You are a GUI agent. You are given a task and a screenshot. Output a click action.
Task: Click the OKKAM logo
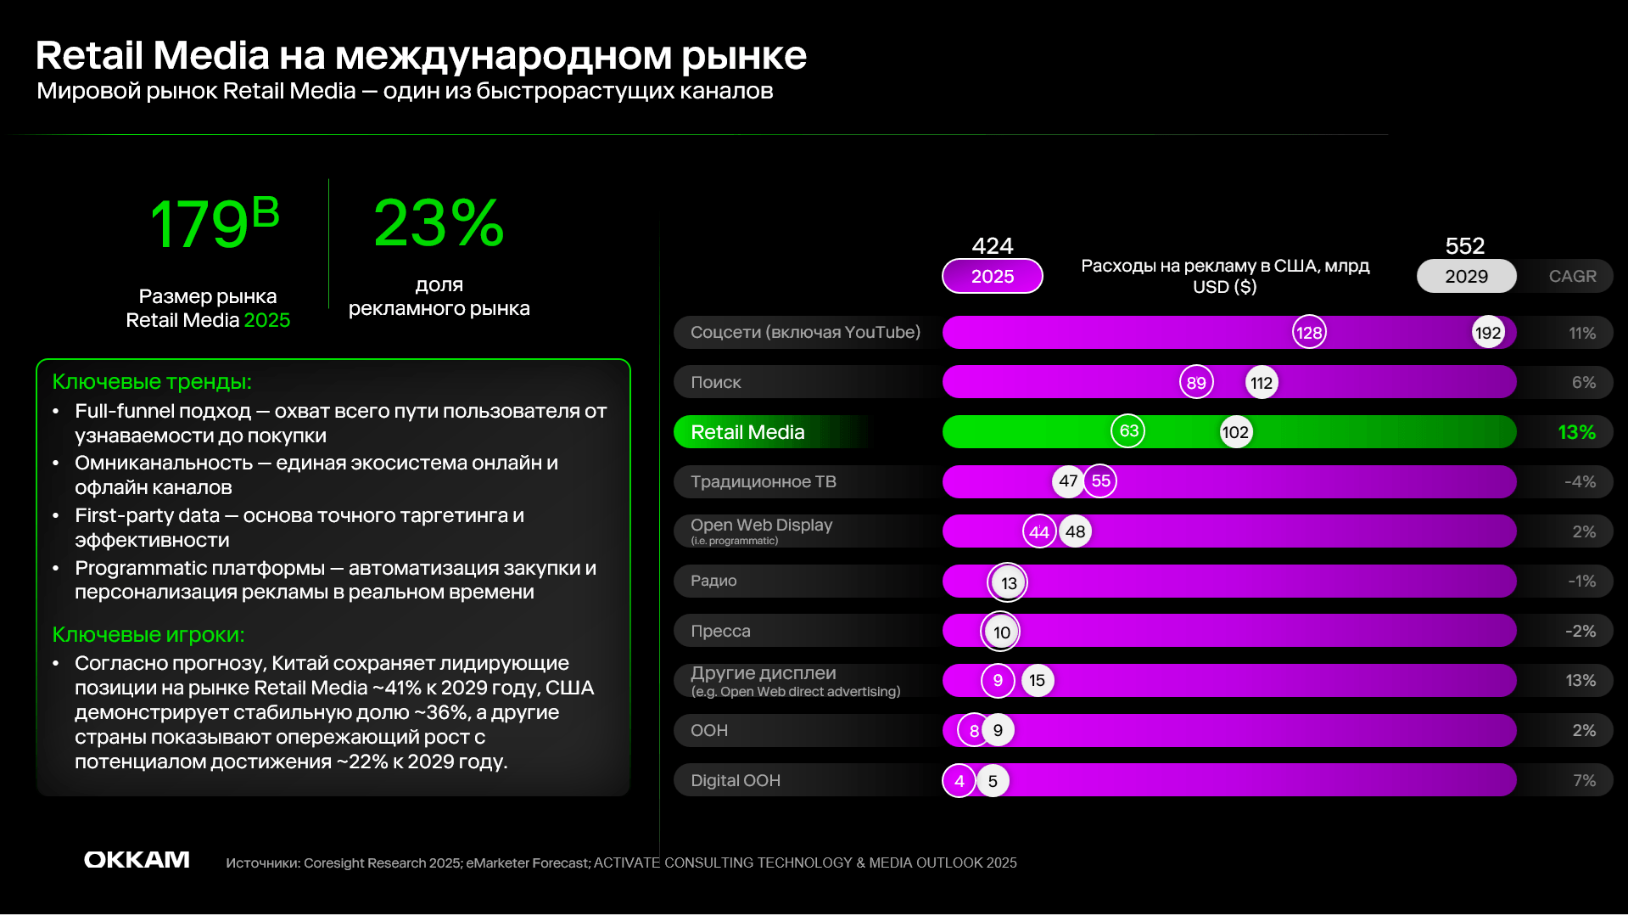(x=137, y=860)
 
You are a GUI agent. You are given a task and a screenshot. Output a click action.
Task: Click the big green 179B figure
(x=214, y=223)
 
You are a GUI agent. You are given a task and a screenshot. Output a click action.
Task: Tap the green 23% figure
(x=439, y=223)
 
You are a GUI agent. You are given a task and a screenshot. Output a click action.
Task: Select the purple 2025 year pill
(x=992, y=277)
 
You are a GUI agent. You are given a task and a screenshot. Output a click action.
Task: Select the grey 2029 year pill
(x=1466, y=277)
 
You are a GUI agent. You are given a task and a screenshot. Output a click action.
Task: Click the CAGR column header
(x=1572, y=277)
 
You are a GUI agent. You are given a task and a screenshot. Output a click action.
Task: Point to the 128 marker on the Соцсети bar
(x=1309, y=333)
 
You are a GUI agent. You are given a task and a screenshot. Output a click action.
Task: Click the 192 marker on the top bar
(x=1488, y=333)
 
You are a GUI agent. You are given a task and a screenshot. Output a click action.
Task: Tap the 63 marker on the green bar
(x=1128, y=431)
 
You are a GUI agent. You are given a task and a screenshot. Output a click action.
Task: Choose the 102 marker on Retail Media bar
(x=1235, y=432)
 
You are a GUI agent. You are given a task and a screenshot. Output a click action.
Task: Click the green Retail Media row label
(x=747, y=432)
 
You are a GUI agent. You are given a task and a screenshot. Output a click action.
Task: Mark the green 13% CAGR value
(x=1576, y=433)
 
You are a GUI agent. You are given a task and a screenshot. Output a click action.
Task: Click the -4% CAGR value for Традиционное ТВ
(x=1580, y=482)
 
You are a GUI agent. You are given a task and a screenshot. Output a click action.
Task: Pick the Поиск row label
(x=716, y=383)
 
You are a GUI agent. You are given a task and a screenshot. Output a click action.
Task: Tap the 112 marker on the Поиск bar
(x=1262, y=383)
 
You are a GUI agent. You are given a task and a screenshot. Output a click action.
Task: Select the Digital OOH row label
(x=736, y=780)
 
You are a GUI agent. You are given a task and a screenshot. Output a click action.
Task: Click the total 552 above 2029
(x=1465, y=246)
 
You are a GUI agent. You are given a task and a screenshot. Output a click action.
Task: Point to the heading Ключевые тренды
(x=152, y=382)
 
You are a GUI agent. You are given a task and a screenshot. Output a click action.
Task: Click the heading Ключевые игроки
(x=148, y=635)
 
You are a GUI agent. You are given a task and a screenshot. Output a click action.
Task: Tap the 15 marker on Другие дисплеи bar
(x=1037, y=681)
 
